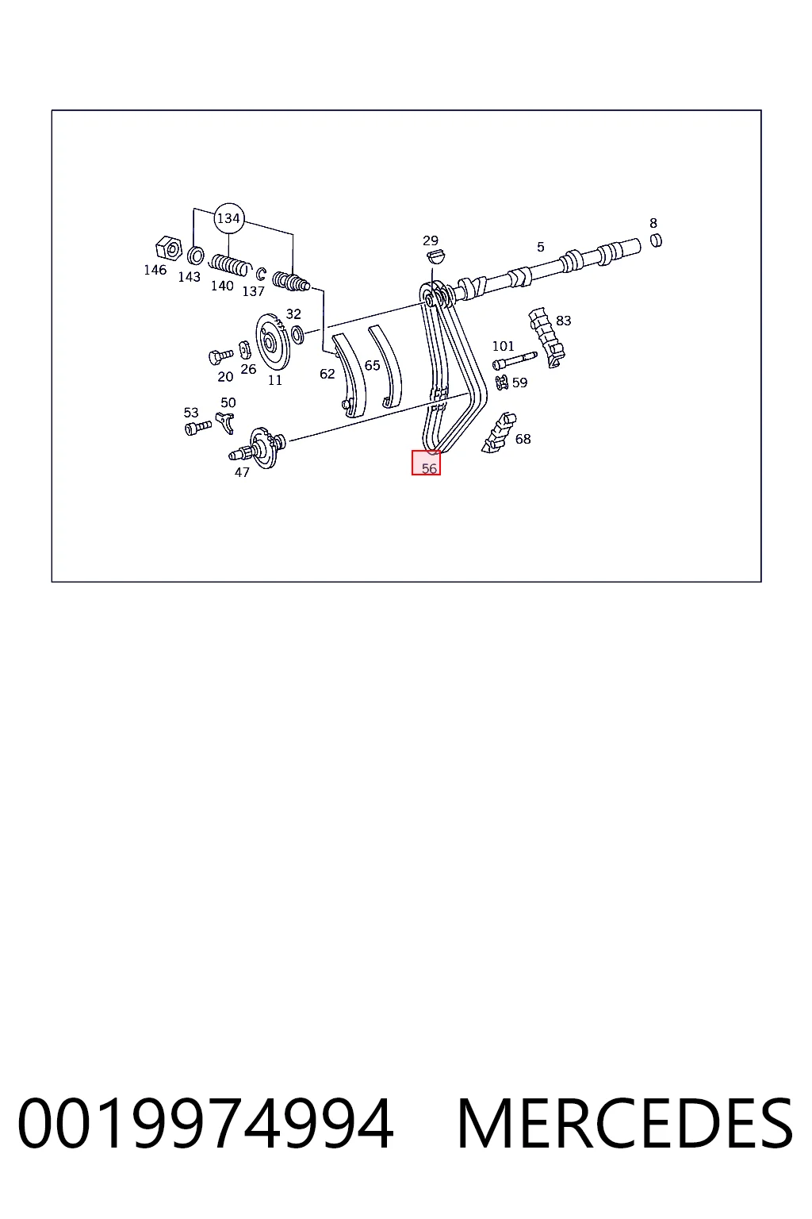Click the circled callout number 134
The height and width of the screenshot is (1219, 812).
pos(228,218)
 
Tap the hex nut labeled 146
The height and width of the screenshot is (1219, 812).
pos(169,249)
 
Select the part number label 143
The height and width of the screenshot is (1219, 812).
pos(190,277)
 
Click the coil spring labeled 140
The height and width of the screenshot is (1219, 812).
pos(230,265)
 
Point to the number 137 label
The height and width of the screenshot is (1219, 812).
pos(254,292)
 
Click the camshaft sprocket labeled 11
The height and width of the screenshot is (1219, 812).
pos(273,342)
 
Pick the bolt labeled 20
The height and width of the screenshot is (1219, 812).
pos(220,356)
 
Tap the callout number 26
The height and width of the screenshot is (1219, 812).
pos(248,370)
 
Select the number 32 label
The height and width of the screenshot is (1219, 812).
pos(293,314)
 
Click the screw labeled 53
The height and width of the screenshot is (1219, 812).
pos(198,428)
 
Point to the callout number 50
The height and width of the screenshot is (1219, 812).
pos(228,402)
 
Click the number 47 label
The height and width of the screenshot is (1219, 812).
pos(242,472)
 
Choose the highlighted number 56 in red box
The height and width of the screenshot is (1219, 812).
pos(430,468)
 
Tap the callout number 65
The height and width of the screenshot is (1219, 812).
pos(373,366)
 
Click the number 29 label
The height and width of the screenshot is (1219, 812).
pos(431,240)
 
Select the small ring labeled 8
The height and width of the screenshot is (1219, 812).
pos(657,240)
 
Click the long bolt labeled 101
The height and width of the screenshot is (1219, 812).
pos(515,360)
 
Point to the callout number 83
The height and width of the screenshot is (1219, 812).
pos(564,321)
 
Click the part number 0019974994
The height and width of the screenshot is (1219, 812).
pos(205,1124)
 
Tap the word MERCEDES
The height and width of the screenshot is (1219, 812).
pos(625,1124)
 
